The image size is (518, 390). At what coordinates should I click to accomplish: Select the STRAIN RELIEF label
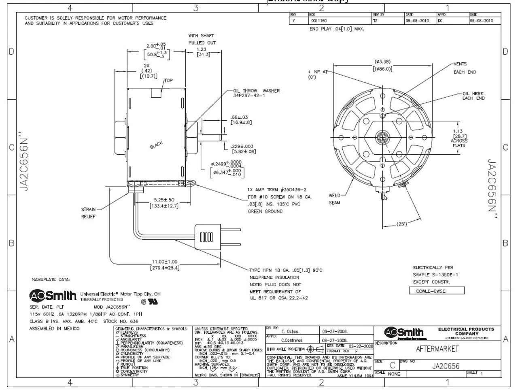tap(88, 213)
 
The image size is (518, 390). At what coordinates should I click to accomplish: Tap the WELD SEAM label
tap(334, 199)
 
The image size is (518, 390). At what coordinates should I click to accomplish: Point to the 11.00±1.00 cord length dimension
tap(165, 265)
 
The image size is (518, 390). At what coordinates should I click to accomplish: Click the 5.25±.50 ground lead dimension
tap(164, 203)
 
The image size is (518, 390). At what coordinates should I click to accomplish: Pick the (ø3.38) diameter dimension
tap(382, 65)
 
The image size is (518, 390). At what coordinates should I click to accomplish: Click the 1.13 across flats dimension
tap(459, 138)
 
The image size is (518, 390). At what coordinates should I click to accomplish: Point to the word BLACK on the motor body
tap(156, 145)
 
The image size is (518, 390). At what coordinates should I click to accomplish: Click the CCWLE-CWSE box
tap(437, 291)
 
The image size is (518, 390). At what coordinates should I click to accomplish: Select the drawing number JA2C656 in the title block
tap(446, 366)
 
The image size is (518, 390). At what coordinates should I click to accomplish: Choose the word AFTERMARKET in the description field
tap(437, 349)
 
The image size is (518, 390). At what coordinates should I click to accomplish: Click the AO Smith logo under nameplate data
tap(53, 296)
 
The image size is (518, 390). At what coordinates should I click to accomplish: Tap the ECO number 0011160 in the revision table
tap(318, 21)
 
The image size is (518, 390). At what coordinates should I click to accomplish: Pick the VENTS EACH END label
tap(464, 68)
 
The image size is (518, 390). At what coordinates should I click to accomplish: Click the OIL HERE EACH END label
tap(473, 96)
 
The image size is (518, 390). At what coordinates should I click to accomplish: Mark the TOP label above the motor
tap(168, 81)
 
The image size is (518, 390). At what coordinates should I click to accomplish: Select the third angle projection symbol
tap(315, 349)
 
